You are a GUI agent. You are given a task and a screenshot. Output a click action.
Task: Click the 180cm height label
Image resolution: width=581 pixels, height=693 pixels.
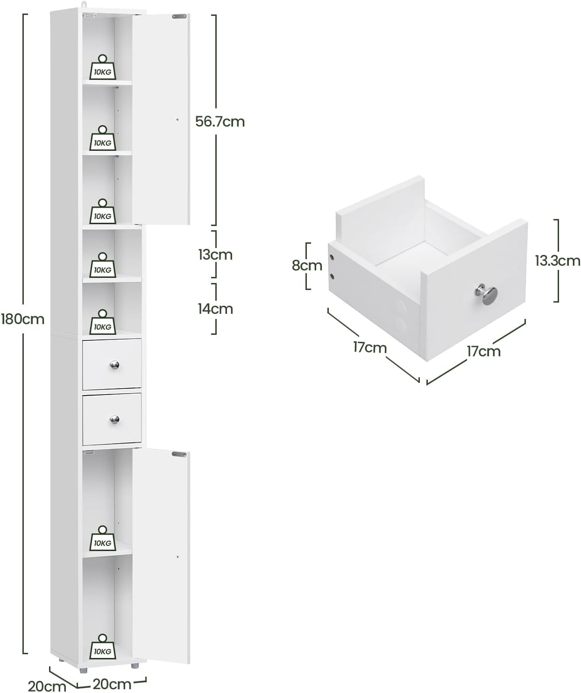22,319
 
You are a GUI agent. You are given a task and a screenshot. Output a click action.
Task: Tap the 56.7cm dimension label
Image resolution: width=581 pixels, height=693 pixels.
220,121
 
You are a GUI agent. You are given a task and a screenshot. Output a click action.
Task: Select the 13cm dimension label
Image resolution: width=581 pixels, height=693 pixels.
215,255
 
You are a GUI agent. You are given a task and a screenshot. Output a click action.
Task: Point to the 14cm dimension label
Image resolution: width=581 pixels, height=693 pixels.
215,309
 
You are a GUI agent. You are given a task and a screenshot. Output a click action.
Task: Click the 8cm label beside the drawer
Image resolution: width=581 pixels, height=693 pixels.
307,265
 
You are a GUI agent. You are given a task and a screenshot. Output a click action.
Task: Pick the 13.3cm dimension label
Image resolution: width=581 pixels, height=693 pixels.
557,260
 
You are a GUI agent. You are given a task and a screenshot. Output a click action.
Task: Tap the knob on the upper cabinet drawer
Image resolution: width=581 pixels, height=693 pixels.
114,365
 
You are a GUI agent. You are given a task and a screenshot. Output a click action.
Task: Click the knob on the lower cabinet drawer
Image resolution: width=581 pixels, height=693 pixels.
114,419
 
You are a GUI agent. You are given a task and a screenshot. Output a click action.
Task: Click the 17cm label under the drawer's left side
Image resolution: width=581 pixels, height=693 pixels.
369,347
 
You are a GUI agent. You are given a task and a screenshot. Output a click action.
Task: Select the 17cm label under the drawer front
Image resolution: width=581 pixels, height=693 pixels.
483,351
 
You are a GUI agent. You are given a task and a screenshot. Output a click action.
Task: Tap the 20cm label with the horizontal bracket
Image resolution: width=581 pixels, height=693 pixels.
112,685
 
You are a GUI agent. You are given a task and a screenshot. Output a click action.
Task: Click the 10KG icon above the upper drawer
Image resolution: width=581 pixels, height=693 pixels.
103,322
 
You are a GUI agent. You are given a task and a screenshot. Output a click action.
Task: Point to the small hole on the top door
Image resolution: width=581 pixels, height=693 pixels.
177,120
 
